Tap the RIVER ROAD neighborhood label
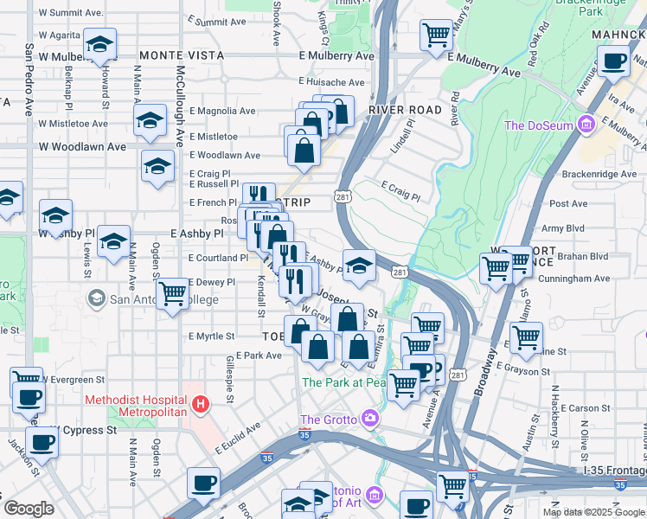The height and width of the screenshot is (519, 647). (405, 110)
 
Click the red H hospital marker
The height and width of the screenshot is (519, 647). (201, 404)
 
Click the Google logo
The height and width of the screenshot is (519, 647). (28, 509)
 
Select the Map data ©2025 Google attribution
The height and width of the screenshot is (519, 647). (593, 512)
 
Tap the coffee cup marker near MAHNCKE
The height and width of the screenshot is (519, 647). (614, 62)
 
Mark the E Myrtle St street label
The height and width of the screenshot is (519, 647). (211, 336)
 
